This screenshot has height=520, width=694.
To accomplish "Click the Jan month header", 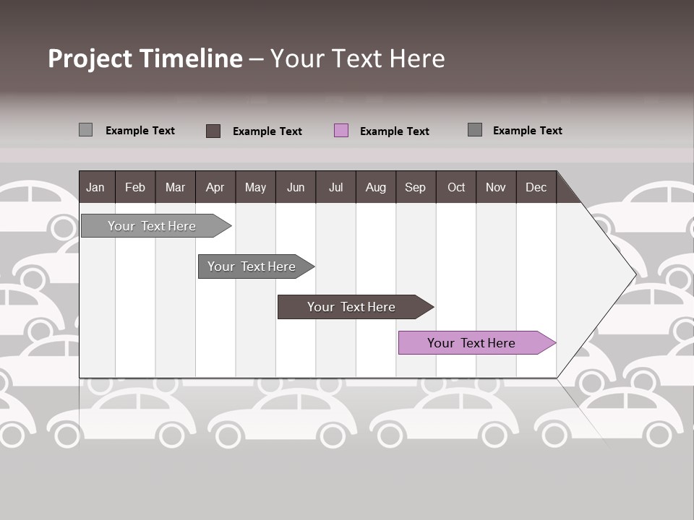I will (95, 187).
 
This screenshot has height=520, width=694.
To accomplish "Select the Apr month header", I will (215, 187).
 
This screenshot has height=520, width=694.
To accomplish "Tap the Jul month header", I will (335, 187).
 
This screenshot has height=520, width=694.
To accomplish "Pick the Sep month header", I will (415, 187).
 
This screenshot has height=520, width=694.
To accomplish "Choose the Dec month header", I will (536, 187).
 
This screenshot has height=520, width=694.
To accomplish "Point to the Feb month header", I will (135, 187).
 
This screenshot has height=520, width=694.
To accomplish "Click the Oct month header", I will (456, 187).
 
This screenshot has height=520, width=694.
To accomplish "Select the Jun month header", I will (296, 187).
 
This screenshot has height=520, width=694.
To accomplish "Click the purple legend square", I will (341, 131).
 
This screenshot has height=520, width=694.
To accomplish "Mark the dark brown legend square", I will (213, 131).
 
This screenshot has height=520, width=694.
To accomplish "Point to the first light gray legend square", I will (86, 130).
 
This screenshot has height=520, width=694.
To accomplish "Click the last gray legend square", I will (475, 130).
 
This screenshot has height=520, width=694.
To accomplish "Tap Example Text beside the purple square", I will (394, 131).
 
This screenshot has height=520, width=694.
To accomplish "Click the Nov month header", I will (496, 187).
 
